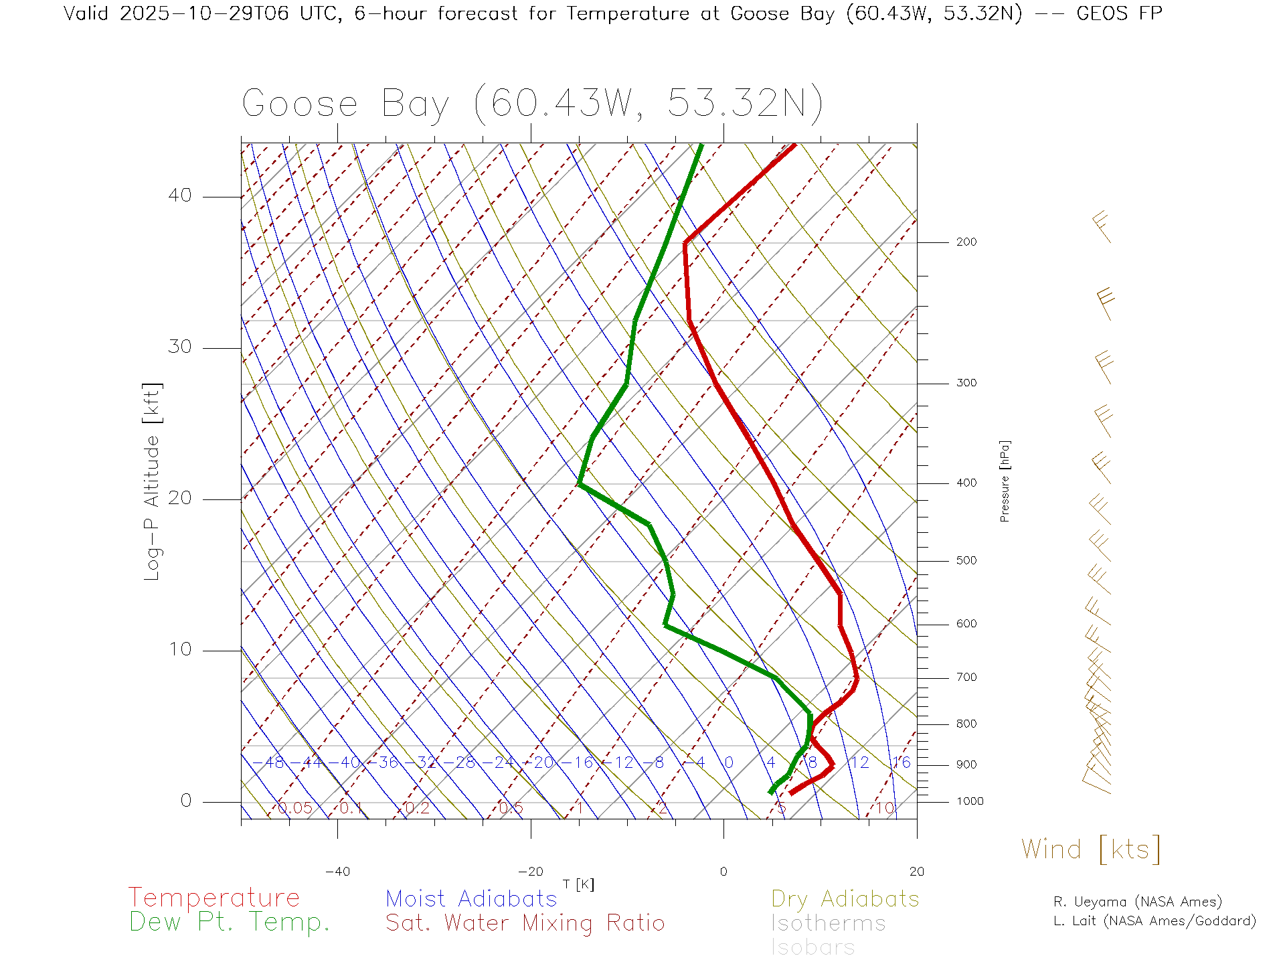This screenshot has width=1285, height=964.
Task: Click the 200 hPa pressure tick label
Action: tap(966, 242)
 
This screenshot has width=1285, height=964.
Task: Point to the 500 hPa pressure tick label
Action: tap(966, 561)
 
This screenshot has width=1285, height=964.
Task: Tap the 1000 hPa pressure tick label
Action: tap(970, 801)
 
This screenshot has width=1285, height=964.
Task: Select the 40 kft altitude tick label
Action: tap(179, 195)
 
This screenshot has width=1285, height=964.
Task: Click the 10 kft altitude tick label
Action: tap(179, 649)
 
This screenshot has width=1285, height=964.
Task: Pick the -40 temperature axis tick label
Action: tap(337, 872)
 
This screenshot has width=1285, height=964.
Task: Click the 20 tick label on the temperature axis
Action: tap(916, 872)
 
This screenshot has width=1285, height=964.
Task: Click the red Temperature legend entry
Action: tap(213, 898)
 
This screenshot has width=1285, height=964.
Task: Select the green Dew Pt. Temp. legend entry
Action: tap(229, 922)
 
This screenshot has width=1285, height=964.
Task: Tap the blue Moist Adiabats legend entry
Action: tap(471, 899)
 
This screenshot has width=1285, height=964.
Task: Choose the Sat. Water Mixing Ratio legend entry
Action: tap(525, 923)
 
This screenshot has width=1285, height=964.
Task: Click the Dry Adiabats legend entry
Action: tap(845, 899)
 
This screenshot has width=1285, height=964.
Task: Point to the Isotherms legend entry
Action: tap(828, 923)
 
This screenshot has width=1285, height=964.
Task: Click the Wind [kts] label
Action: tap(1091, 850)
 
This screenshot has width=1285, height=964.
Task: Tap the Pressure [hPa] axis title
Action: tap(1005, 481)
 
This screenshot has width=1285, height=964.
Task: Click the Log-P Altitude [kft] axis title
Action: tap(153, 481)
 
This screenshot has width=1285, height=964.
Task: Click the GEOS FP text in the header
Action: tap(1119, 13)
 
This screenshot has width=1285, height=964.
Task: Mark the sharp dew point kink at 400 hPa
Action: tap(580, 484)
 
